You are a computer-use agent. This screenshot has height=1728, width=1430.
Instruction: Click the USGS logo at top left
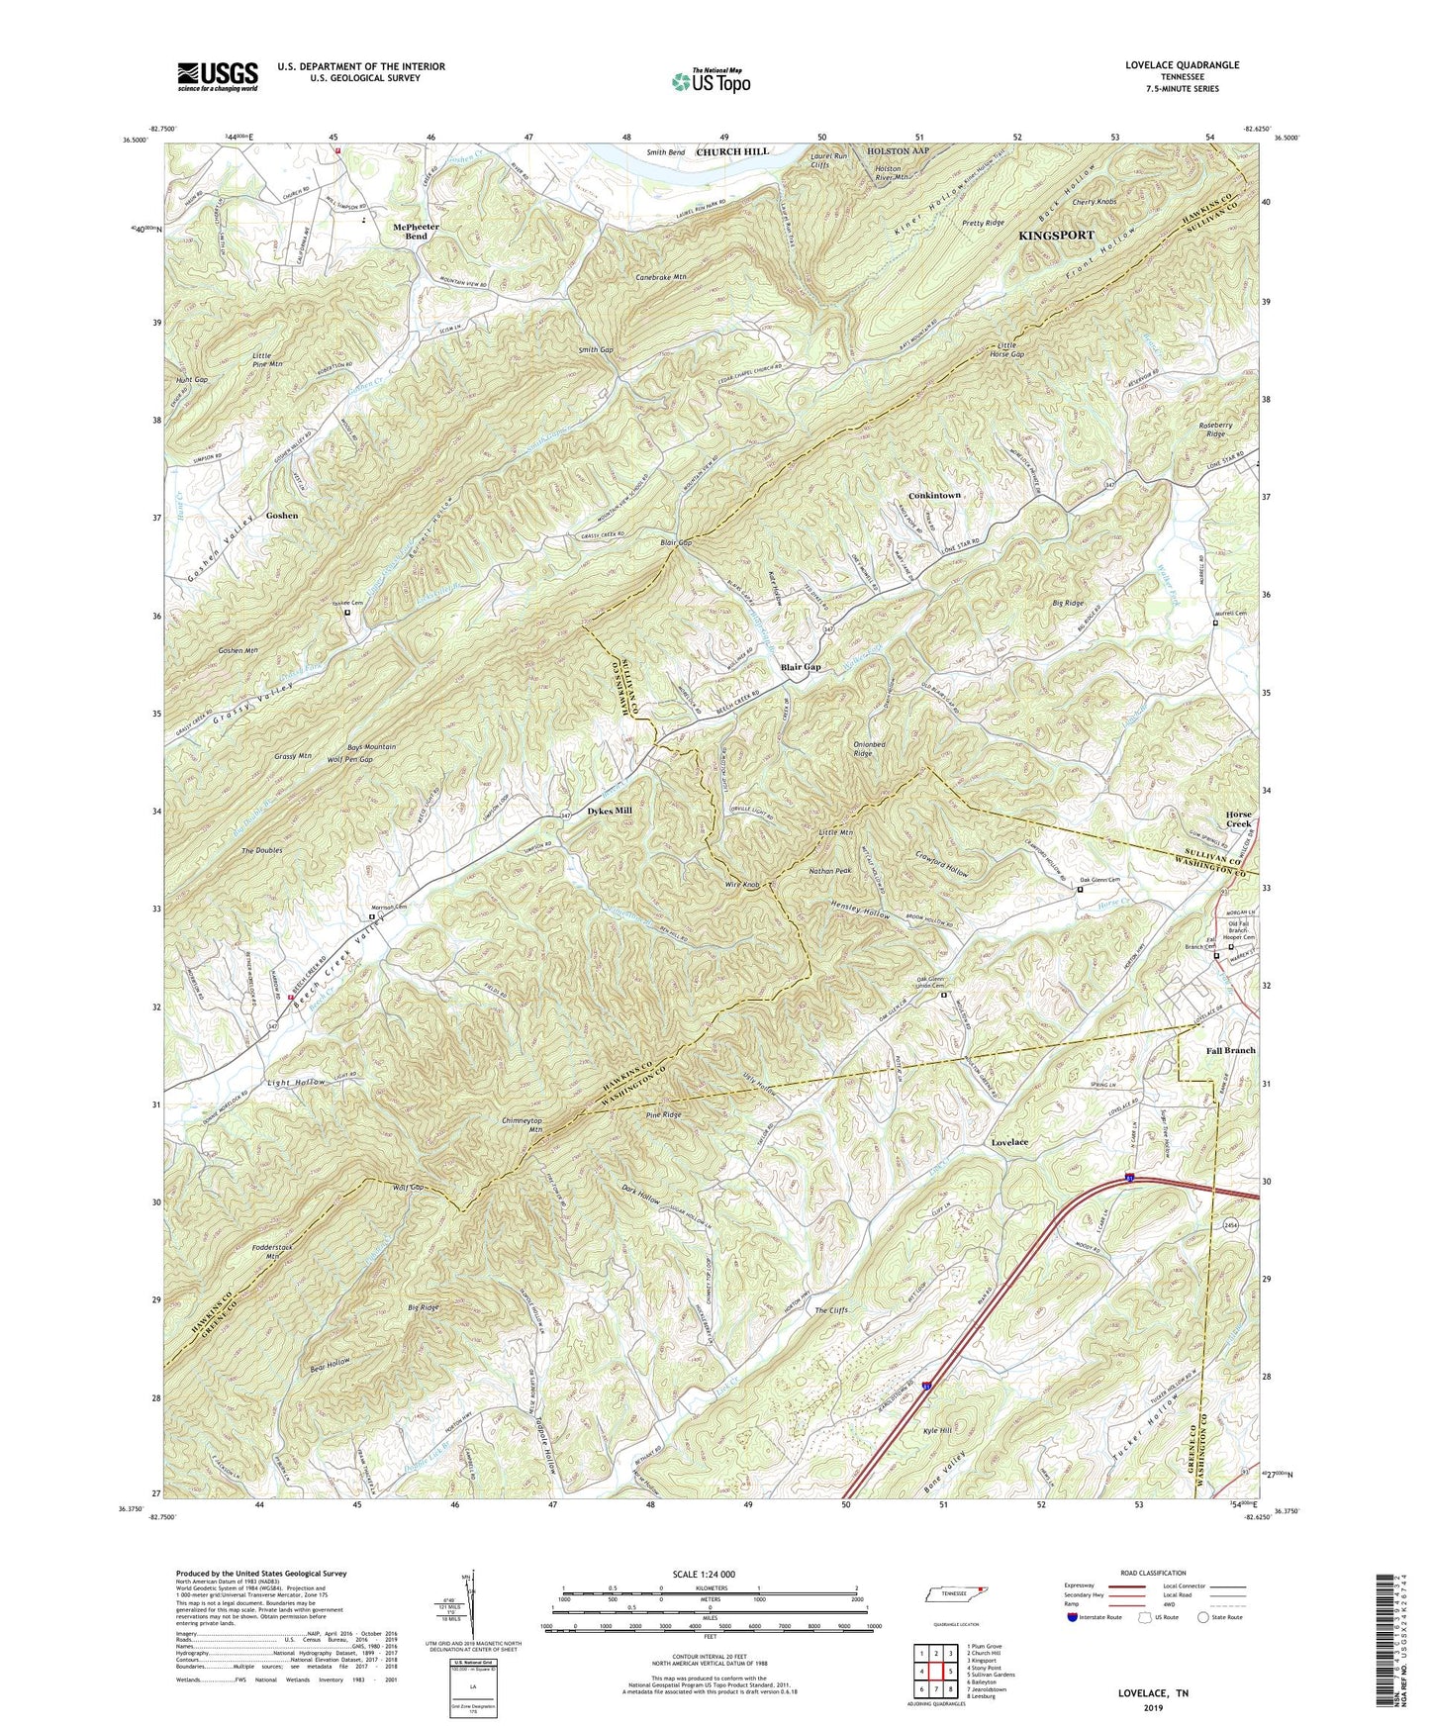click(217, 76)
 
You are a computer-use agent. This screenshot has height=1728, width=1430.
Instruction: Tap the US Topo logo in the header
click(710, 81)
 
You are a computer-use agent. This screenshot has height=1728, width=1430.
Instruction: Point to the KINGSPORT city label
click(1056, 236)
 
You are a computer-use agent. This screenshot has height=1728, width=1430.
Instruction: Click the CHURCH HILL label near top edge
click(731, 151)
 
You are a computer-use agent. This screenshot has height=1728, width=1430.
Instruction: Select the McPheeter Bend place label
click(416, 232)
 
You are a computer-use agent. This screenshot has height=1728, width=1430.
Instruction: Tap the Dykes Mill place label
click(610, 811)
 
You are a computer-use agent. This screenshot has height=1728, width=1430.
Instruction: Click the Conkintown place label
click(934, 495)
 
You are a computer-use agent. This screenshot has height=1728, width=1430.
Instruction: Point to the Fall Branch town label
click(1230, 1050)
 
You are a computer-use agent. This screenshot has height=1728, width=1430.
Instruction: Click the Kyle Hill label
click(935, 1432)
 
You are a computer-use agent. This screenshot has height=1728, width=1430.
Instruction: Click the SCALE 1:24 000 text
click(704, 1575)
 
